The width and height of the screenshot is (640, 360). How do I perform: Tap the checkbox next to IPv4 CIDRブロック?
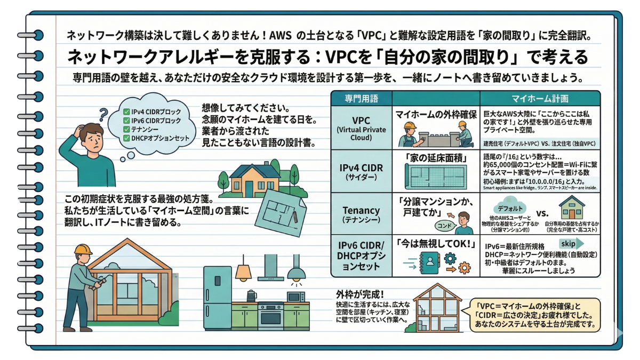click(x=126, y=112)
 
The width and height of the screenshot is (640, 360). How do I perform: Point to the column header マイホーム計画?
click(x=540, y=99)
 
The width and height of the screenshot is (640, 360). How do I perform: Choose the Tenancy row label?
click(x=361, y=212)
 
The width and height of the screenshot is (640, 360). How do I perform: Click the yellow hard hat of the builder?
click(x=83, y=250)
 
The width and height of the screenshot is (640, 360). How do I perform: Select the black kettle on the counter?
click(x=251, y=295)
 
